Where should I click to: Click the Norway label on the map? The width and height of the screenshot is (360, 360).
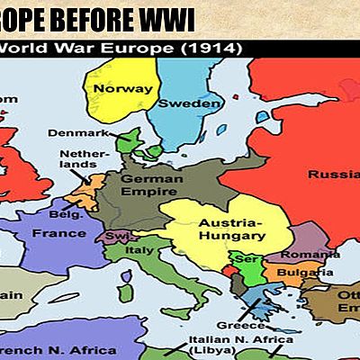point(119,89)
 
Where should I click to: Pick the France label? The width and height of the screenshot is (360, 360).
point(58,233)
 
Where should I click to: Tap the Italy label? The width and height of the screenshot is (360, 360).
point(139,249)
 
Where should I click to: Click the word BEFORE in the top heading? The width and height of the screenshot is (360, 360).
point(85,17)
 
